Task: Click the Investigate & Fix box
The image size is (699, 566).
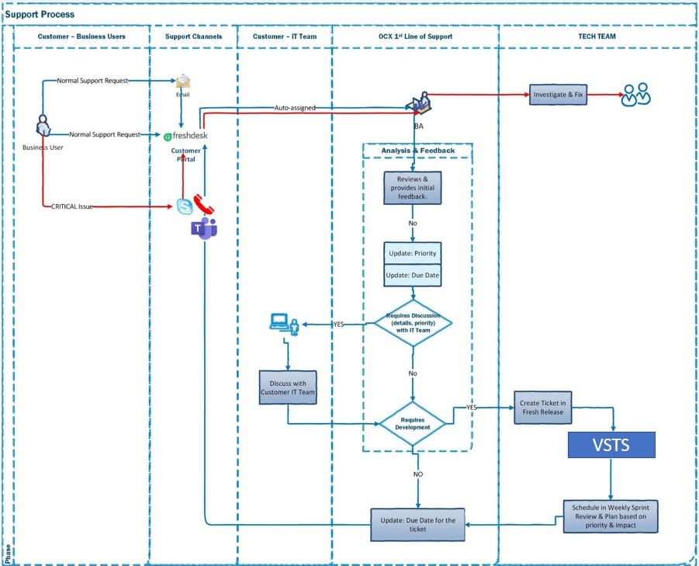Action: [x=558, y=95]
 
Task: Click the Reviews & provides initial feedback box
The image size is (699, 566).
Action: [x=413, y=188]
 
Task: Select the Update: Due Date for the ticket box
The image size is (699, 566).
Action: [x=418, y=524]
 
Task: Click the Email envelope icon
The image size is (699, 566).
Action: [x=182, y=82]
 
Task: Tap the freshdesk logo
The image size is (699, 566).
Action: [x=185, y=135]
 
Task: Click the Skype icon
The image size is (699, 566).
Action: [x=185, y=207]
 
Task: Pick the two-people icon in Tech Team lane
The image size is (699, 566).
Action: [x=635, y=95]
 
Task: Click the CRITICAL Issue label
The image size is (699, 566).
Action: [x=71, y=207]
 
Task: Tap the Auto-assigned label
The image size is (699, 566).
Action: [x=295, y=108]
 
